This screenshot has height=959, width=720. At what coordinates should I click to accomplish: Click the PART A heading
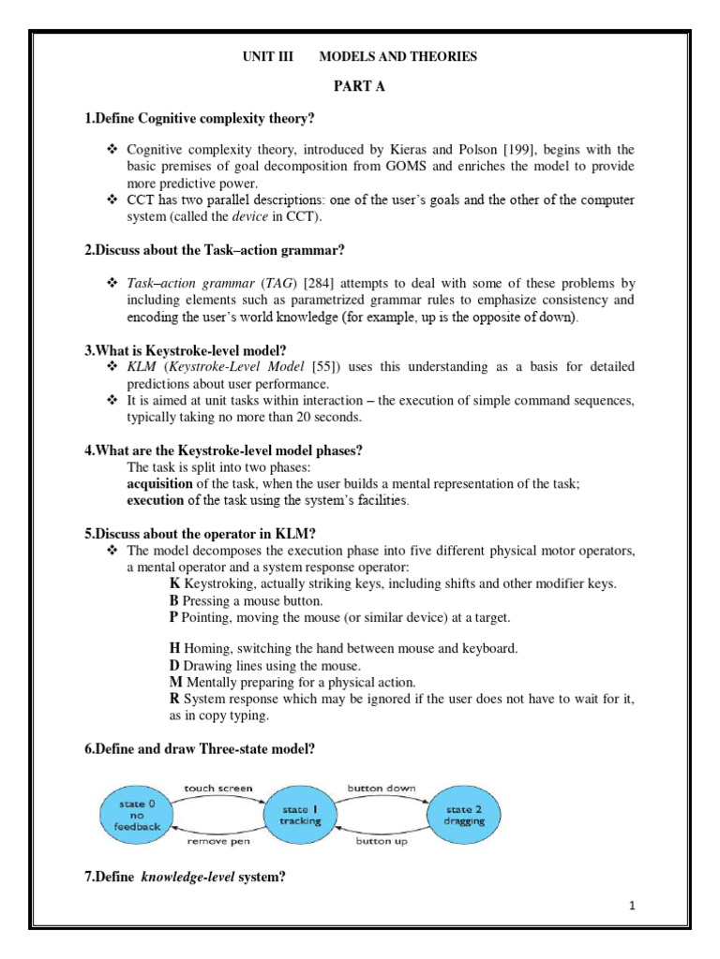[x=360, y=87]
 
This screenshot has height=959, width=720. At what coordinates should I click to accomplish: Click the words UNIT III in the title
[x=268, y=57]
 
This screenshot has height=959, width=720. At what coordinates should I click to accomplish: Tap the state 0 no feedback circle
[x=139, y=815]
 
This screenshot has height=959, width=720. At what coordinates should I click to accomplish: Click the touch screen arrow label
[x=217, y=789]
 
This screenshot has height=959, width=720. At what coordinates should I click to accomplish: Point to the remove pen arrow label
[x=217, y=842]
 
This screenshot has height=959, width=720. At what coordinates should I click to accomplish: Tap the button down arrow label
[x=382, y=789]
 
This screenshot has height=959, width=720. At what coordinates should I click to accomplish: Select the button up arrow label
[x=380, y=842]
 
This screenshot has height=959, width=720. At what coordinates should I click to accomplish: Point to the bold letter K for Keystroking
[x=173, y=583]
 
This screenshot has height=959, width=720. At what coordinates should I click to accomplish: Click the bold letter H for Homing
[x=174, y=648]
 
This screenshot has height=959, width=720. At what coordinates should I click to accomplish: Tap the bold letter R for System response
[x=174, y=699]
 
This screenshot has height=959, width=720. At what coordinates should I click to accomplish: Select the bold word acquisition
[x=160, y=483]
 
